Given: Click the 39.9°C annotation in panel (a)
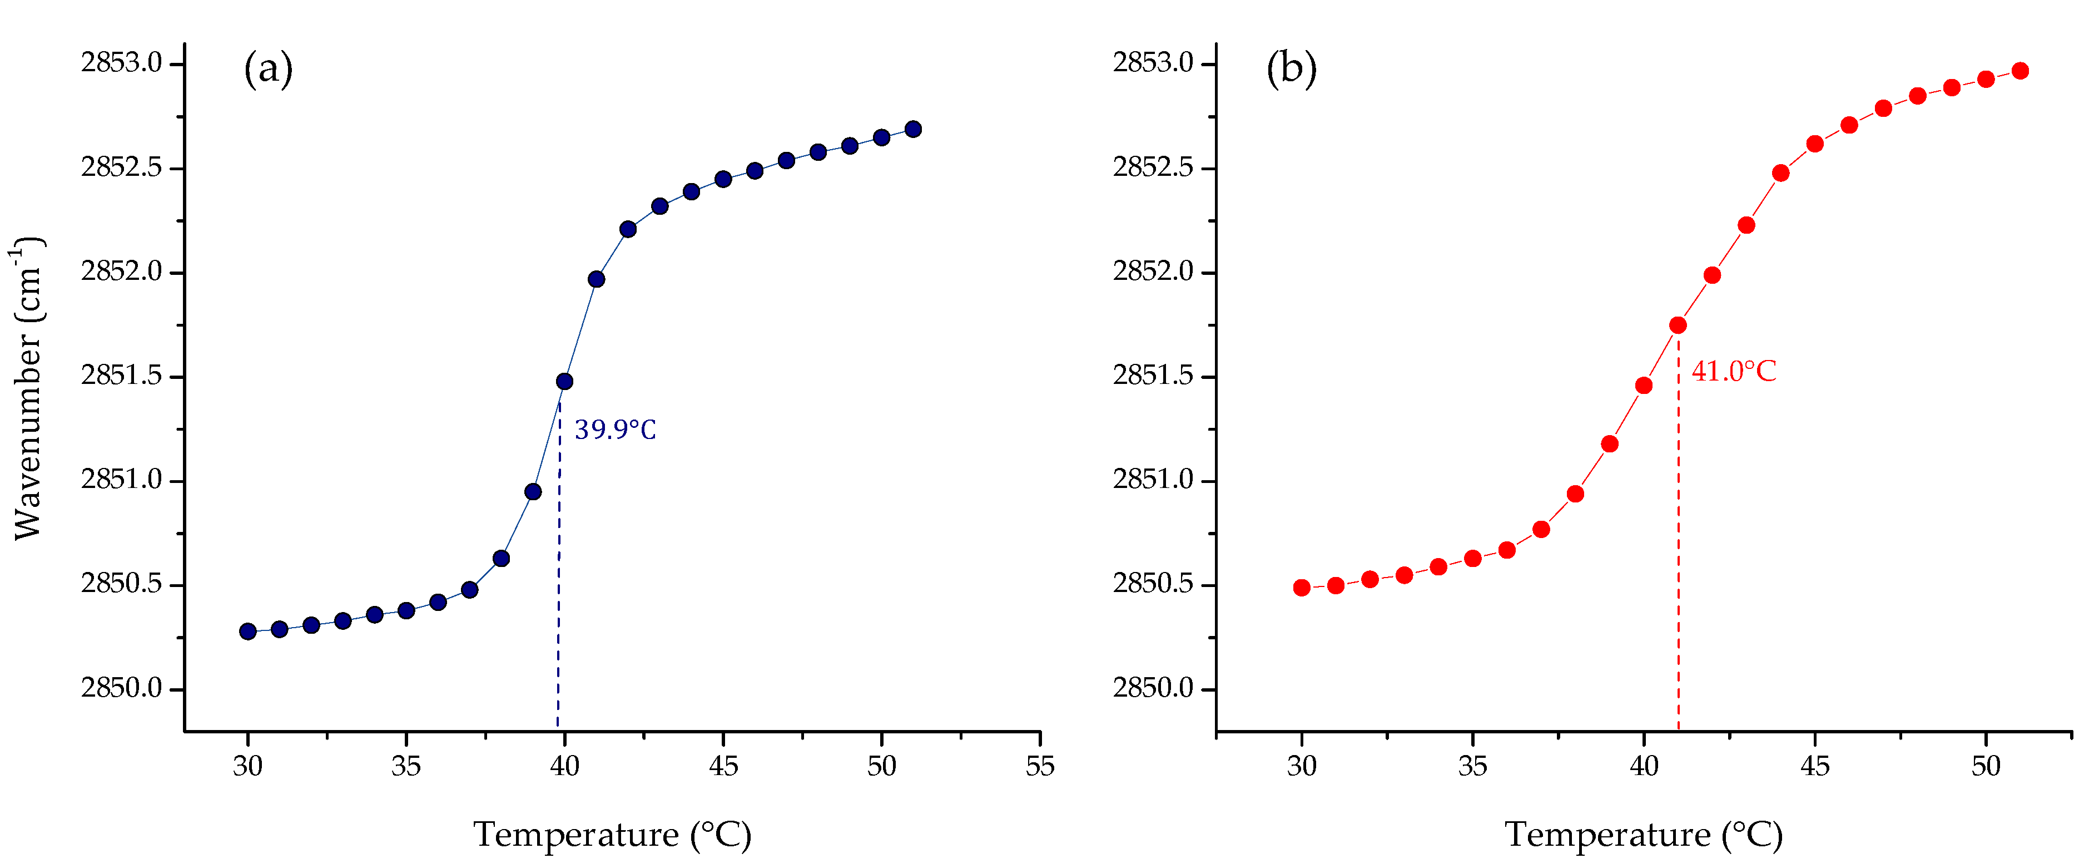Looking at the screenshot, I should click(615, 430).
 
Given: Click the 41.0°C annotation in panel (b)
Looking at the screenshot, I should click(1733, 372).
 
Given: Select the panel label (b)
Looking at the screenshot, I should click(1291, 68).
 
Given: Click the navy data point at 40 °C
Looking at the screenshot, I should click(564, 381).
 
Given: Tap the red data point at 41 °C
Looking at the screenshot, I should click(1678, 325).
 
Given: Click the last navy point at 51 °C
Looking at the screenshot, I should click(913, 129).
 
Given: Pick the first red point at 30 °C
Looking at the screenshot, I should click(1302, 588).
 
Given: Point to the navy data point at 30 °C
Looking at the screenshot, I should click(248, 631).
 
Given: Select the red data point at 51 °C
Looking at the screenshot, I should click(2020, 71).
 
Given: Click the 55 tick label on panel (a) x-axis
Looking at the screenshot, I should click(1040, 766).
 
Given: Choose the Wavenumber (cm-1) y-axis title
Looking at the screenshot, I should click(28, 388).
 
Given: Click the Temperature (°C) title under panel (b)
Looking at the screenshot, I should click(1644, 835).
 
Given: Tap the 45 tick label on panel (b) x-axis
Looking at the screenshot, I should click(1815, 766).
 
